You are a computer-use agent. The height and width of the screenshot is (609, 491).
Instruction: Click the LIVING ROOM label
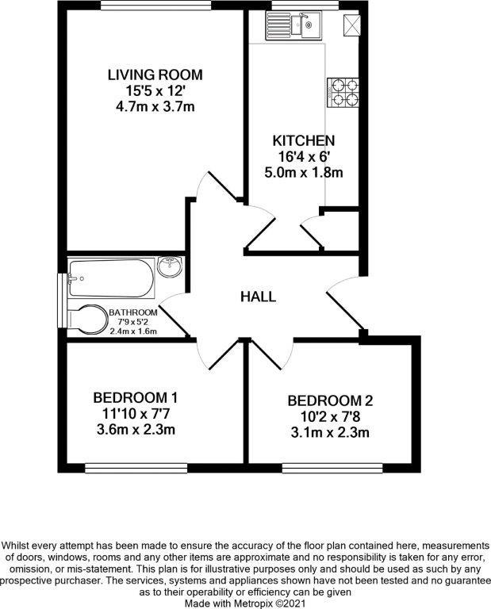(x=155, y=75)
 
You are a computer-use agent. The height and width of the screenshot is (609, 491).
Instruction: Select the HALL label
(x=259, y=297)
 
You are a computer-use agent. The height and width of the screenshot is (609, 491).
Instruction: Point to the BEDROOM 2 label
(x=330, y=400)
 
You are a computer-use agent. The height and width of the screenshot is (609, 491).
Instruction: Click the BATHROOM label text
(x=133, y=312)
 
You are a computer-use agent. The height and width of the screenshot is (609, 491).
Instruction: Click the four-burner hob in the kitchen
(x=342, y=91)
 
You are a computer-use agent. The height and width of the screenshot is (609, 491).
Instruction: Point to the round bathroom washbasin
(x=170, y=269)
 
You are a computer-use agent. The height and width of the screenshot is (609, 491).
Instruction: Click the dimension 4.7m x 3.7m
(x=155, y=105)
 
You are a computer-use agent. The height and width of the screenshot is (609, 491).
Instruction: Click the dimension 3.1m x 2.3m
(x=330, y=432)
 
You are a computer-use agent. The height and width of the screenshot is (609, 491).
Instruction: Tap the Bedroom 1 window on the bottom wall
(x=136, y=466)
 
